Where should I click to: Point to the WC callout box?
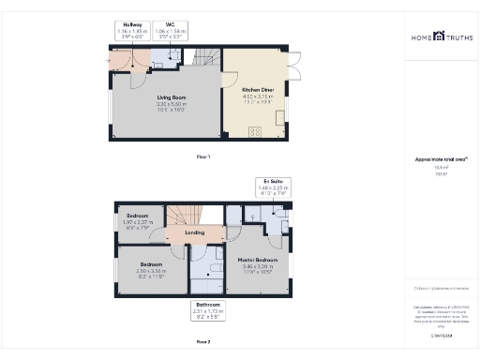(170, 30)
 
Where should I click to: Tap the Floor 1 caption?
(203, 156)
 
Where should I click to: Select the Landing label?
(194, 232)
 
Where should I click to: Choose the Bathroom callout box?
(207, 309)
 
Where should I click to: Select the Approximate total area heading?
(440, 159)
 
